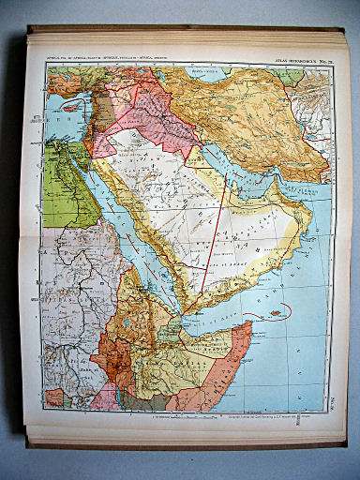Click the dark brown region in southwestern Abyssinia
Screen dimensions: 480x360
click(x=112, y=361)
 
